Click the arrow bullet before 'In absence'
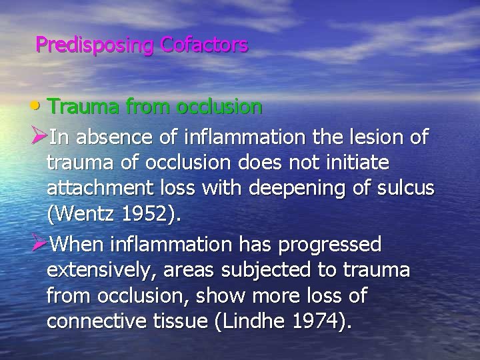(39, 138)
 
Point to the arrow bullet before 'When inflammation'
(39, 245)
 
